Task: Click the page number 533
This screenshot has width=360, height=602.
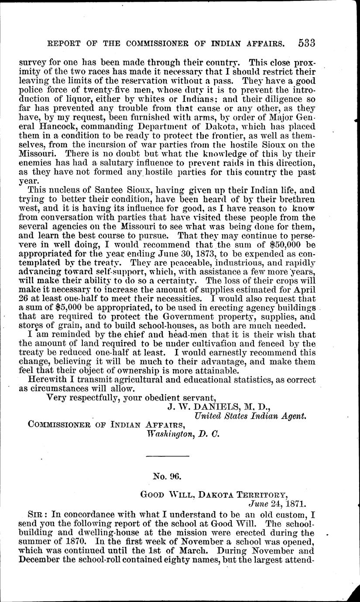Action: click(307, 43)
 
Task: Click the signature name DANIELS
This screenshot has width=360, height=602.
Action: click(204, 407)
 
